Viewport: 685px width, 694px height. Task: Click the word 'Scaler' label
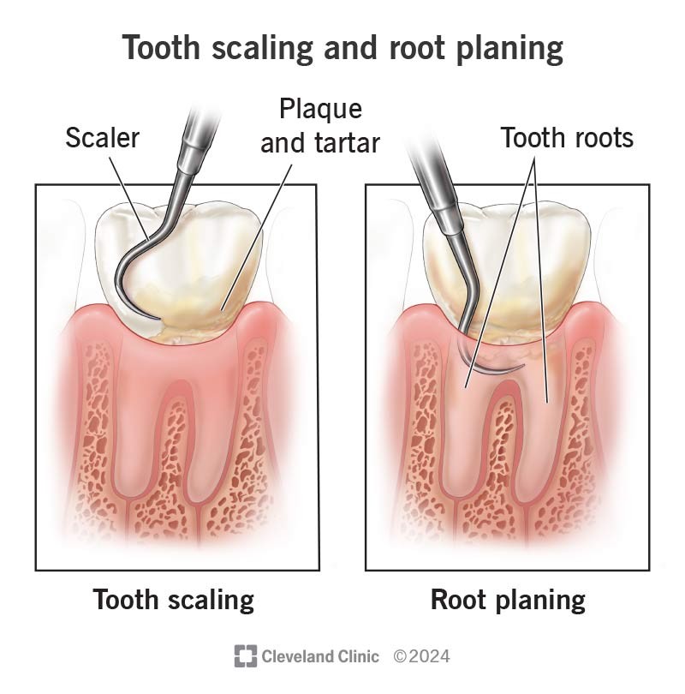click(x=102, y=138)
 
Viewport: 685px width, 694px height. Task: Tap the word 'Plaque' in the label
click(x=320, y=110)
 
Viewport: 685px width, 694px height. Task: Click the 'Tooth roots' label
click(x=567, y=138)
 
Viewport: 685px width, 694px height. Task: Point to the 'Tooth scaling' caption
click(x=174, y=600)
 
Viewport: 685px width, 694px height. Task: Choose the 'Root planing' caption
click(x=508, y=600)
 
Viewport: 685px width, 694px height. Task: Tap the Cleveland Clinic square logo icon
click(x=246, y=656)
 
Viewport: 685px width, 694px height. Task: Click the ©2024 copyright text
click(x=421, y=656)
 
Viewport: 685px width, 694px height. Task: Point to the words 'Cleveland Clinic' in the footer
click(x=320, y=656)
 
